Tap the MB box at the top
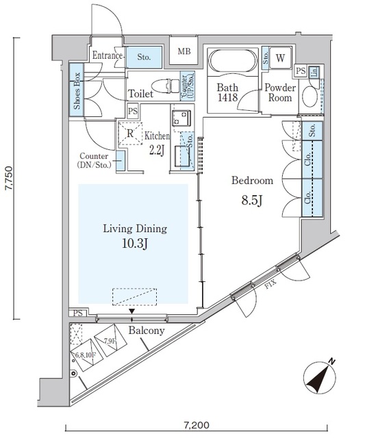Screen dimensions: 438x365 [184, 51]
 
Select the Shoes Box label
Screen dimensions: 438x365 [77, 91]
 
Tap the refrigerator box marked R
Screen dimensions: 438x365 [128, 133]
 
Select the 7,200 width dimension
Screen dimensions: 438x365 [196, 426]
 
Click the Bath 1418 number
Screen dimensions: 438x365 [227, 98]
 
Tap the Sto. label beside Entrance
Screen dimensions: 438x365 [144, 57]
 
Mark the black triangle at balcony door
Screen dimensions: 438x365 [132, 311]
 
